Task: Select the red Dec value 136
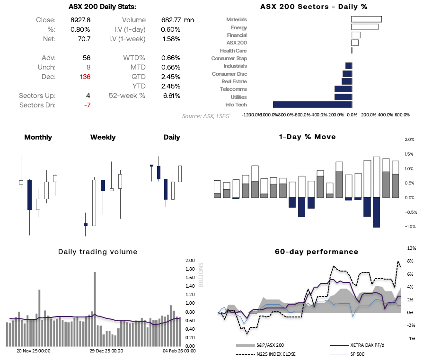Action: click(85, 77)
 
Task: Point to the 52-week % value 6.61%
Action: click(171, 96)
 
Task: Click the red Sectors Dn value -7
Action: click(87, 105)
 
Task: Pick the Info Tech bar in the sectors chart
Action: click(312, 105)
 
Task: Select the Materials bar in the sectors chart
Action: click(366, 19)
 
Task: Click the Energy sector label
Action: click(238, 27)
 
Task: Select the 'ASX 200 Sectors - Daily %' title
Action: click(314, 7)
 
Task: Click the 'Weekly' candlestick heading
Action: click(103, 137)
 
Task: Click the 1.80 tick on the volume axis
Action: click(190, 269)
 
